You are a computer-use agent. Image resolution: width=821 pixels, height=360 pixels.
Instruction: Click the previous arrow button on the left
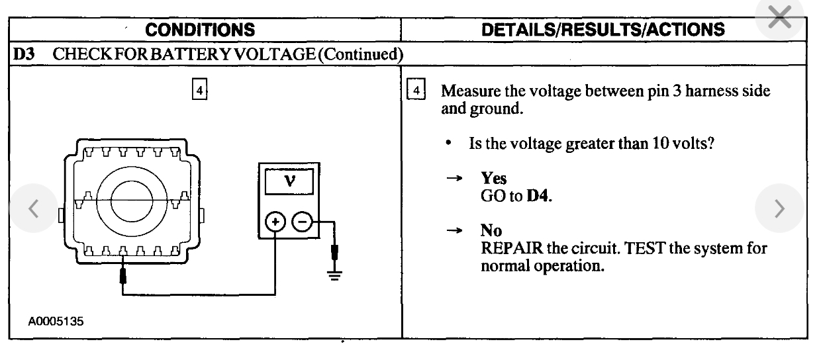[30, 207]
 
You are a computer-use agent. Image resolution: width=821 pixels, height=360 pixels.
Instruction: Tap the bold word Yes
[493, 184]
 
